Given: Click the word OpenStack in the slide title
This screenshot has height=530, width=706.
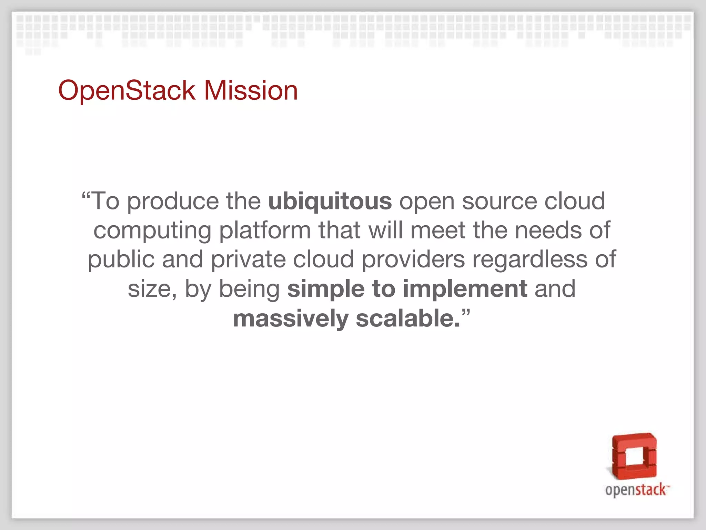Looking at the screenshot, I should click(x=127, y=90).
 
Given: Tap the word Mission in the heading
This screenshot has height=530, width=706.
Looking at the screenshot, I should click(x=251, y=90).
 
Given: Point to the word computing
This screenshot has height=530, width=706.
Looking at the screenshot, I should click(x=152, y=230).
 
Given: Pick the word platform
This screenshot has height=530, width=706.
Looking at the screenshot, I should click(x=265, y=230).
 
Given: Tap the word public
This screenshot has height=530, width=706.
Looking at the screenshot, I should click(x=121, y=259).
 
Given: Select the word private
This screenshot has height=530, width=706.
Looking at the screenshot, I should click(x=248, y=259).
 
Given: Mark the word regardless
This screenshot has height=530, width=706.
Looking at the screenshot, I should click(x=529, y=259).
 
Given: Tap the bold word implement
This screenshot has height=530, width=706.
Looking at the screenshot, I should click(x=465, y=289).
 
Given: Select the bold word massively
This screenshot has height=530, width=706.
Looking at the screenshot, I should click(x=291, y=318).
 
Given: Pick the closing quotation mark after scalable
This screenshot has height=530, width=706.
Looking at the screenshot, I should click(x=466, y=313).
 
